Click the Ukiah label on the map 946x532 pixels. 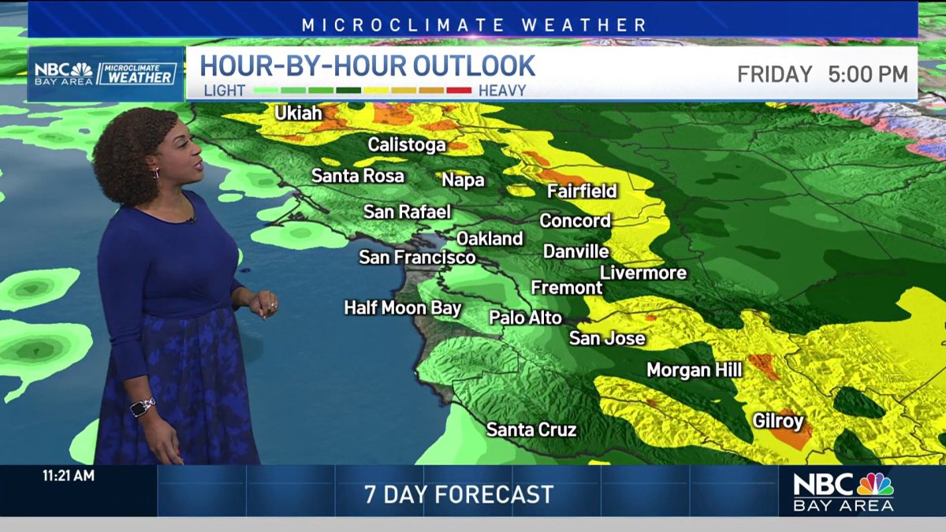pyautogui.click(x=298, y=113)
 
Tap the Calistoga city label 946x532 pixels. pyautogui.click(x=407, y=145)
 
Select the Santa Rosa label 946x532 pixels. pyautogui.click(x=358, y=176)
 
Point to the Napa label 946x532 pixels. pyautogui.click(x=463, y=180)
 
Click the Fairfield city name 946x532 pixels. pyautogui.click(x=582, y=192)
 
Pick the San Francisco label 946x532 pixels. pyautogui.click(x=417, y=258)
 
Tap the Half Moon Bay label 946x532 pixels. pyautogui.click(x=402, y=308)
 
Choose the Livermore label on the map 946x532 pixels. pyautogui.click(x=643, y=273)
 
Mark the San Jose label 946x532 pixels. pyautogui.click(x=607, y=339)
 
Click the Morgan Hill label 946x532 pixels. pyautogui.click(x=694, y=370)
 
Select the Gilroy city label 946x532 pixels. pyautogui.click(x=777, y=421)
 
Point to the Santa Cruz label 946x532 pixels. pyautogui.click(x=531, y=430)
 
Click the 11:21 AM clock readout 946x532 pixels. pyautogui.click(x=68, y=476)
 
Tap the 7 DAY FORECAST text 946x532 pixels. pyautogui.click(x=459, y=495)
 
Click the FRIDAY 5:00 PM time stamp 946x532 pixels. pyautogui.click(x=822, y=75)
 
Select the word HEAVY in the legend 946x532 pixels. pyautogui.click(x=502, y=91)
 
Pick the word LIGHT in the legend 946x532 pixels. pyautogui.click(x=225, y=91)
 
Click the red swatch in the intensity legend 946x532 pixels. pyautogui.click(x=459, y=91)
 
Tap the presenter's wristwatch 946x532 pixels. pyautogui.click(x=142, y=407)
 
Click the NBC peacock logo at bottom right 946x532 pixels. pyautogui.click(x=875, y=483)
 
